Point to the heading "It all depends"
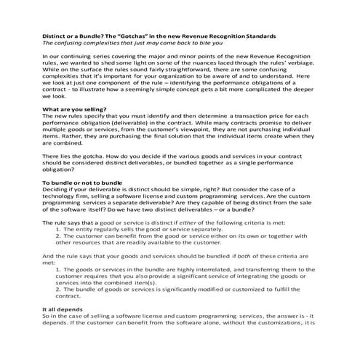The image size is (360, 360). [62, 309]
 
